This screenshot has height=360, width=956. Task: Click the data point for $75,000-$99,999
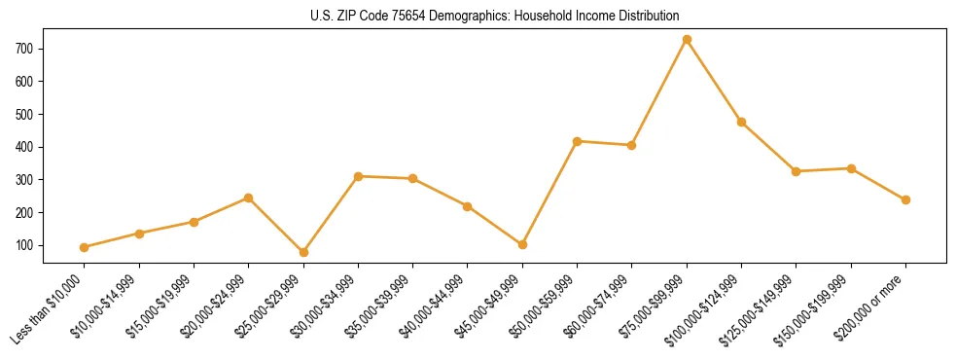[687, 40]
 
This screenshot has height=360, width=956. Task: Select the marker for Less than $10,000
[85, 247]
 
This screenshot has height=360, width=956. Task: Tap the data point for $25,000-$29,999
[249, 252]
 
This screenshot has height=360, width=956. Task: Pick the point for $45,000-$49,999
[522, 244]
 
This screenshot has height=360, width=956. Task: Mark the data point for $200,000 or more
[905, 199]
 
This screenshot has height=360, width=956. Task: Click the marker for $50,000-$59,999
[578, 141]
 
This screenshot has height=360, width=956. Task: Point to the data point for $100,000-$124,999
[741, 123]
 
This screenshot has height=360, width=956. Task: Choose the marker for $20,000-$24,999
[249, 198]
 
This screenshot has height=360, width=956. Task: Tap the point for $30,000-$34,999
[358, 176]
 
